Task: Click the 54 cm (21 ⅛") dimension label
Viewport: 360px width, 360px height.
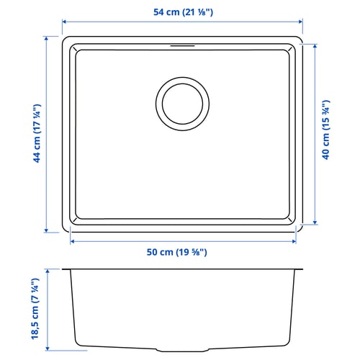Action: point(183,12)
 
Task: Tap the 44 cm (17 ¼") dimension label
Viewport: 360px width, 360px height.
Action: point(37,133)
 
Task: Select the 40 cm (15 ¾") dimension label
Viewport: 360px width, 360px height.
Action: point(326,130)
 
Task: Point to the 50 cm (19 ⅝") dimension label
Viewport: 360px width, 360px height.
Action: point(176,252)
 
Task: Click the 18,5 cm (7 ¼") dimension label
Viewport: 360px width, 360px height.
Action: point(35,309)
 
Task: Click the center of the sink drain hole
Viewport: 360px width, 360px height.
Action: point(182,104)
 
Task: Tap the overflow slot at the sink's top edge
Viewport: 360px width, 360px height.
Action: point(182,45)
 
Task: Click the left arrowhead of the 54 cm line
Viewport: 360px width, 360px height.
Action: point(64,22)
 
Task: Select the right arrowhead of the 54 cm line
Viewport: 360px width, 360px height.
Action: point(300,22)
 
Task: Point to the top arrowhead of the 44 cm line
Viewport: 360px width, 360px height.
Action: point(46,38)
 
